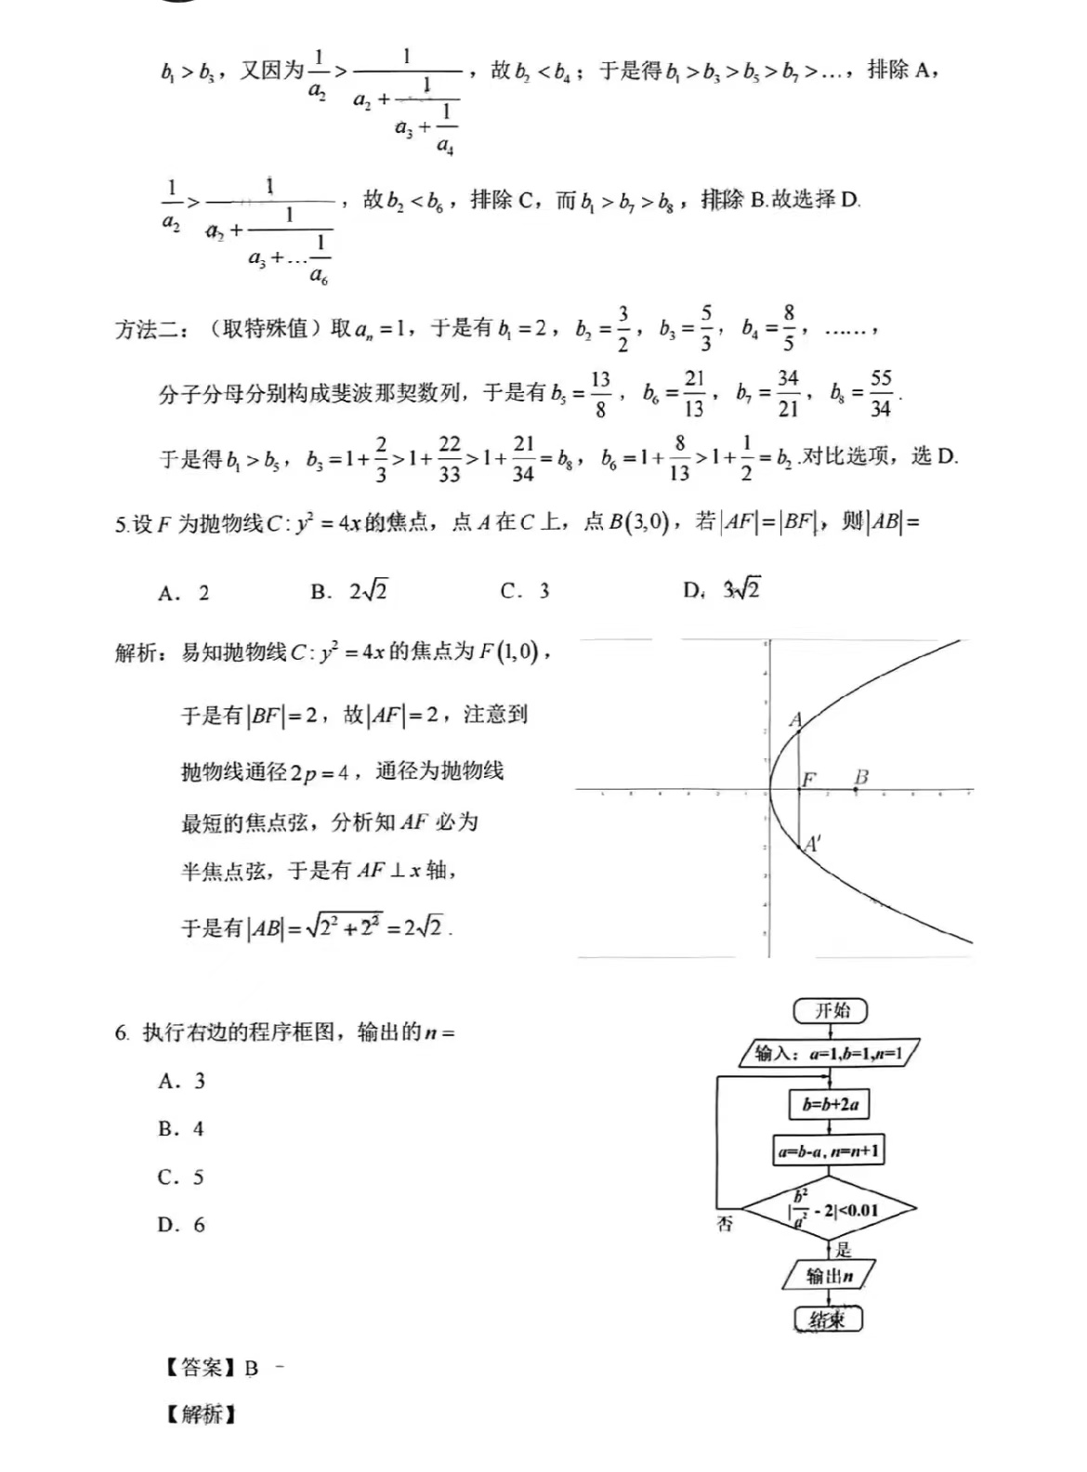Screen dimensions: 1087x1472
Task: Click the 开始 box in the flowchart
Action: (x=831, y=1011)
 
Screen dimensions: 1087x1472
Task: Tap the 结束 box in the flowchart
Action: (x=828, y=1320)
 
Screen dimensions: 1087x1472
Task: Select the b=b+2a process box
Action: (x=830, y=1105)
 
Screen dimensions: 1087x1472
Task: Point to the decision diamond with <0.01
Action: (x=831, y=1209)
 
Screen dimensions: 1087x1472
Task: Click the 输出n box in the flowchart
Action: (x=829, y=1276)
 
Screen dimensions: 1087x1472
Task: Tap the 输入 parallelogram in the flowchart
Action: (x=829, y=1054)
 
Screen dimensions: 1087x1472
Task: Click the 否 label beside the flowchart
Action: (x=725, y=1225)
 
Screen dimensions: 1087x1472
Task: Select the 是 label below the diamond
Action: (x=843, y=1250)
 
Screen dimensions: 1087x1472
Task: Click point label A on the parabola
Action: (x=795, y=720)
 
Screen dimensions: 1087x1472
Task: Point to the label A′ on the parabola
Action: (x=812, y=844)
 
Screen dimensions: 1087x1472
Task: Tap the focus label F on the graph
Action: (x=808, y=779)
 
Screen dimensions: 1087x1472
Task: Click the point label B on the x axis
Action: (x=861, y=777)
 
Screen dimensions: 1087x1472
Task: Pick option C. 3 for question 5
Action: (x=525, y=591)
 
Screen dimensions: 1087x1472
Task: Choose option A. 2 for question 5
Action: (x=184, y=593)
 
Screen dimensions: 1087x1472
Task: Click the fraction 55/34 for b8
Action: (x=880, y=393)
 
